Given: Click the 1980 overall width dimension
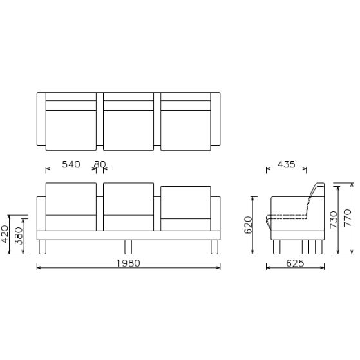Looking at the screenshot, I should coord(129,263).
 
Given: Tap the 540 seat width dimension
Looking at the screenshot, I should coord(71,164).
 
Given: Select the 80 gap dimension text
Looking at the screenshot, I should coord(99,164).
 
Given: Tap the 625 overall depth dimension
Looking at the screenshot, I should coord(295,263).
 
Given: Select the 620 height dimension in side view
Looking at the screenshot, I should coord(249,225).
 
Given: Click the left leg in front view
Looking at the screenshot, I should coord(43,247).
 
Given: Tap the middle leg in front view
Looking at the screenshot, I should coord(128,247).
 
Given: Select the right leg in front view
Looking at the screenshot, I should coord(213,247).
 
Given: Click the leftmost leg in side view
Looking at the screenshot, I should coord(277,247).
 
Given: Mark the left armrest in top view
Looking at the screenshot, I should coord(41,122).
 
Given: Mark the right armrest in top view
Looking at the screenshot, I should coord(216,122).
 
